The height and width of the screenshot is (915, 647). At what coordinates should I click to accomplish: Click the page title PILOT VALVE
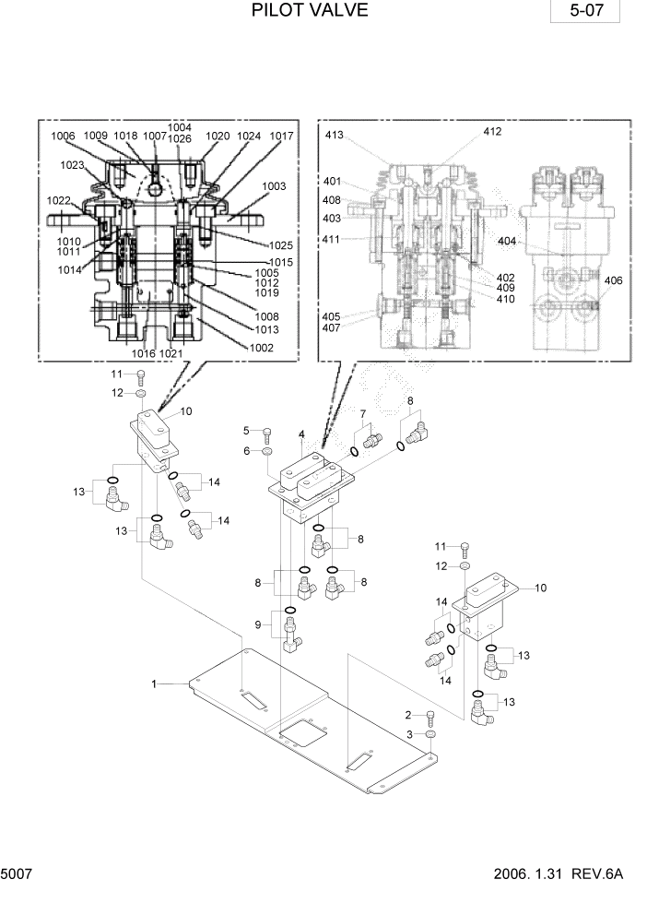click(310, 11)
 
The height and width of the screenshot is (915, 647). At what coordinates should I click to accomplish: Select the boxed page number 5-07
click(584, 13)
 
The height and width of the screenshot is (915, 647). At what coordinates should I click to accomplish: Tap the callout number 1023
click(72, 166)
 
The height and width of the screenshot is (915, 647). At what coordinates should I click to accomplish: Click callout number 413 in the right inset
click(334, 136)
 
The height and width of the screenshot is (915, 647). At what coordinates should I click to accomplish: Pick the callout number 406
click(613, 280)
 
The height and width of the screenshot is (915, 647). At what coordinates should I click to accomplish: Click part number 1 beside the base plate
click(156, 683)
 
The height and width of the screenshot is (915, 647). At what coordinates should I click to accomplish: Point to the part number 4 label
click(301, 434)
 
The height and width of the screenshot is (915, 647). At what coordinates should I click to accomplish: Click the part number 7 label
click(363, 413)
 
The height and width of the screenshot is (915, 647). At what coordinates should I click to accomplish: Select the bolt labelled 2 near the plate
click(431, 718)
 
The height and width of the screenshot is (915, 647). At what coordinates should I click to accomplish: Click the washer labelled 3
click(431, 734)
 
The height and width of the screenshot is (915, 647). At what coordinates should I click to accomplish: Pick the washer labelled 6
click(265, 452)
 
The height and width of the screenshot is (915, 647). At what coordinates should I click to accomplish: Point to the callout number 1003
click(274, 186)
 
